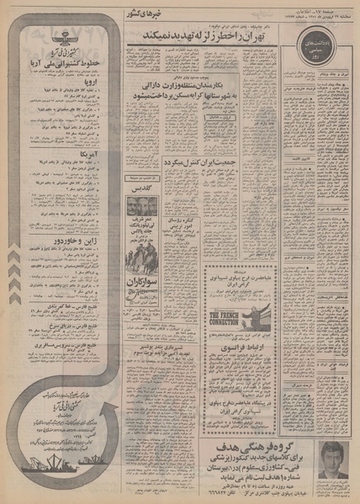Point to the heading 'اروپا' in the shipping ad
pyautogui.click(x=61, y=78)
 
